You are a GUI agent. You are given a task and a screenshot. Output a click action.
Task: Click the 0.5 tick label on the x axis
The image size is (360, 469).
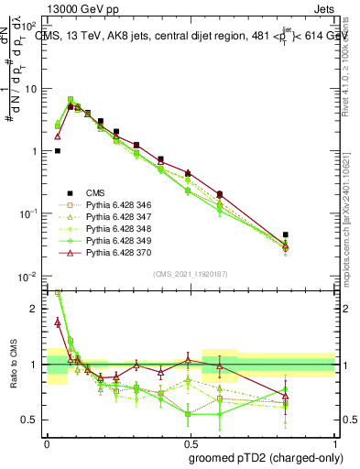[191, 442]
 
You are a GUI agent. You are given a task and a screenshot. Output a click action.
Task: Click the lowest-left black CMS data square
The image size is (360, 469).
[58, 151]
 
